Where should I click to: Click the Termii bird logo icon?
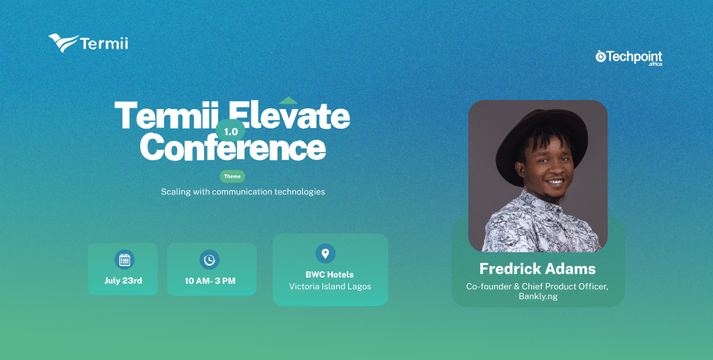pos(64,43)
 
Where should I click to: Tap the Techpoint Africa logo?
pos(629,58)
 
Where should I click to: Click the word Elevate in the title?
pos(289,115)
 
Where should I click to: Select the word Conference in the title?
pos(233,147)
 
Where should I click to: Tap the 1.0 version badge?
pos(231,131)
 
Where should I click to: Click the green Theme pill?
pos(232,176)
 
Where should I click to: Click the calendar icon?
pos(124,259)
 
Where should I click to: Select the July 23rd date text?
pos(123,280)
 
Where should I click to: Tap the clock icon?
pos(209,259)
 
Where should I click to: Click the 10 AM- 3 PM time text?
pos(210,281)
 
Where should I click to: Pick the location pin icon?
pos(325,253)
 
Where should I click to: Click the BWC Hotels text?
pos(330,275)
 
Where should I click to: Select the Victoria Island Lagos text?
pos(330,287)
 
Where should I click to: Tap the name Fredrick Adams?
pos(538,268)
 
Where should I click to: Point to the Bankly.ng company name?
pos(538,296)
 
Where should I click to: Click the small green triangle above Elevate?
pos(288,101)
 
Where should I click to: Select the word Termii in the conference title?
pos(164,115)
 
